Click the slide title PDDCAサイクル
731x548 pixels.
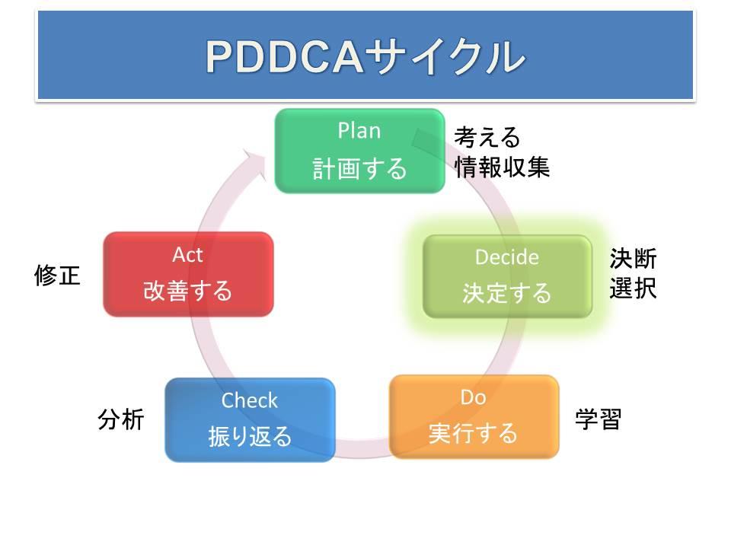365,57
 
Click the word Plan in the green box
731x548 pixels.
359,130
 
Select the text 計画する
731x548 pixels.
359,168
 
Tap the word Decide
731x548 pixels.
507,257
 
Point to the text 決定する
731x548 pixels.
507,293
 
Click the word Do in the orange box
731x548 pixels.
473,397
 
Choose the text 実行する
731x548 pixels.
473,433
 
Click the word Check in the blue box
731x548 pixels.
250,400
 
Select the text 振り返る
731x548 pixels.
250,437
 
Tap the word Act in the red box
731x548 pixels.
187,255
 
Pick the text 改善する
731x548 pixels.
187,290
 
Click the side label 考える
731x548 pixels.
487,137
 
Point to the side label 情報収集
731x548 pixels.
502,167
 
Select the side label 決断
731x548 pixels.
633,259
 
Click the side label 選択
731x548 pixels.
633,288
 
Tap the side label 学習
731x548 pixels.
599,419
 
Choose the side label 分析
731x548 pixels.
121,419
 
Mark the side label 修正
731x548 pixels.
57,275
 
